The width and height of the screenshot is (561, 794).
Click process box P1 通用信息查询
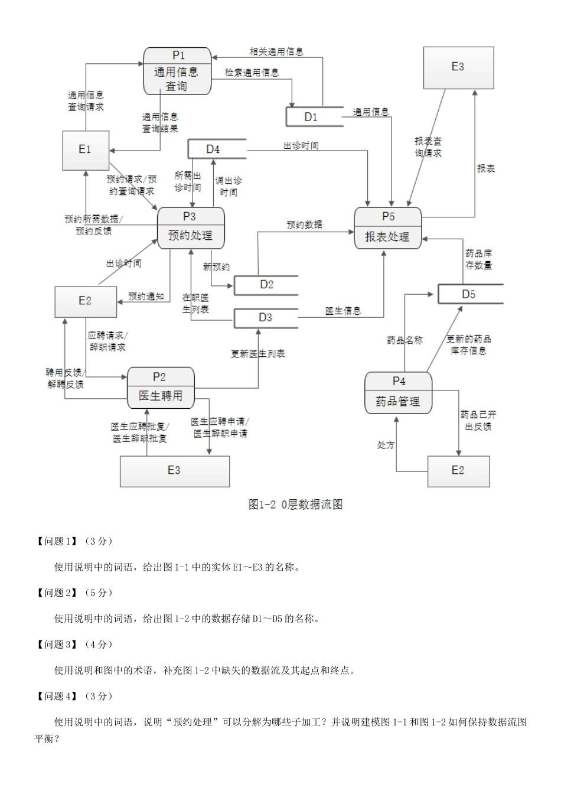[x=178, y=71]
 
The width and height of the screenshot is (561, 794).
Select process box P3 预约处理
[x=191, y=227]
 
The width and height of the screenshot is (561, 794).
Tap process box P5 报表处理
[x=387, y=229]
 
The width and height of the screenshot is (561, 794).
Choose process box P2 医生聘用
[x=161, y=388]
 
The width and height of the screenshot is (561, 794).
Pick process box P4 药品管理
[x=398, y=393]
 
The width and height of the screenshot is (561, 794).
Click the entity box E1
[x=86, y=150]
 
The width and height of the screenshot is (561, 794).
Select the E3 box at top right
[x=458, y=67]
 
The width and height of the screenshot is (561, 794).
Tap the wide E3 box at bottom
[x=174, y=471]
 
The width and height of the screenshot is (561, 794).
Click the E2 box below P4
[x=458, y=471]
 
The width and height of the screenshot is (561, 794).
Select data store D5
[x=469, y=294]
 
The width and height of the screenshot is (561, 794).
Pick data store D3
[x=266, y=318]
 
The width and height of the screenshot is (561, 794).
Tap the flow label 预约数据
[x=305, y=224]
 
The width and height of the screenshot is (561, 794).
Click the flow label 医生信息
[x=343, y=311]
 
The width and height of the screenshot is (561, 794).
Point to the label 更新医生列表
[x=257, y=353]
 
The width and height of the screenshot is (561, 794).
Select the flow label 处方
[x=386, y=445]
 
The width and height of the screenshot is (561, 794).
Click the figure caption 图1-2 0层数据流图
[x=295, y=505]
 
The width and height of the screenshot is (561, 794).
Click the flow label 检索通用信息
[x=252, y=73]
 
